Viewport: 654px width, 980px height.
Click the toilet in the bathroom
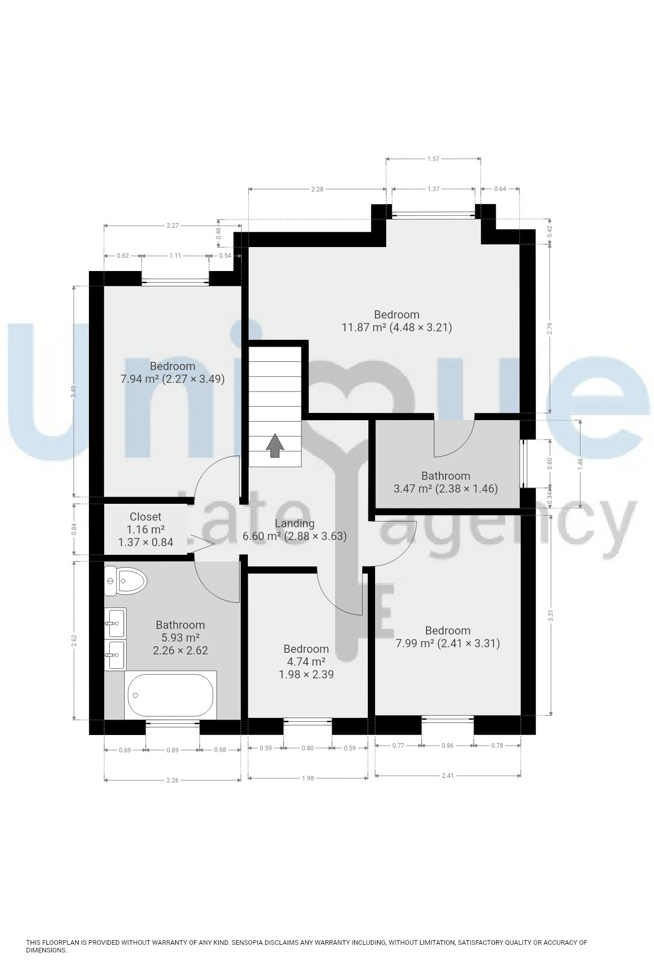tap(125, 581)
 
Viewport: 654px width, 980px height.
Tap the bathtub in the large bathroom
tap(170, 695)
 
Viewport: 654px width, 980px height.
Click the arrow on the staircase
tap(275, 445)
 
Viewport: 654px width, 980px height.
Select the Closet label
tap(145, 517)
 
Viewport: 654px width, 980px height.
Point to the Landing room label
tap(294, 523)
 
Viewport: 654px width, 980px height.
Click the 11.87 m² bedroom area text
tap(364, 328)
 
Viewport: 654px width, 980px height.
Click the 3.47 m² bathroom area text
tap(413, 488)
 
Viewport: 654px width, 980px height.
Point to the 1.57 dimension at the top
tap(433, 159)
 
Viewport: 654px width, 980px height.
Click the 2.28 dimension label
tap(317, 189)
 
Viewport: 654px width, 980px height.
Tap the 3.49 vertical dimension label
tap(74, 391)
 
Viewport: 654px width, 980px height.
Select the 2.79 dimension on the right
tap(550, 328)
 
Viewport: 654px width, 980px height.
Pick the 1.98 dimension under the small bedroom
tap(308, 778)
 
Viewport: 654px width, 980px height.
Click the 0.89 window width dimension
tap(172, 750)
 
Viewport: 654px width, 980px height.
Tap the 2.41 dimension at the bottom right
tap(448, 775)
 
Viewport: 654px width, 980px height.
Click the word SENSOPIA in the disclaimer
tap(249, 942)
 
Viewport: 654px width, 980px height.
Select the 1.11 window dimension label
tap(175, 256)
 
